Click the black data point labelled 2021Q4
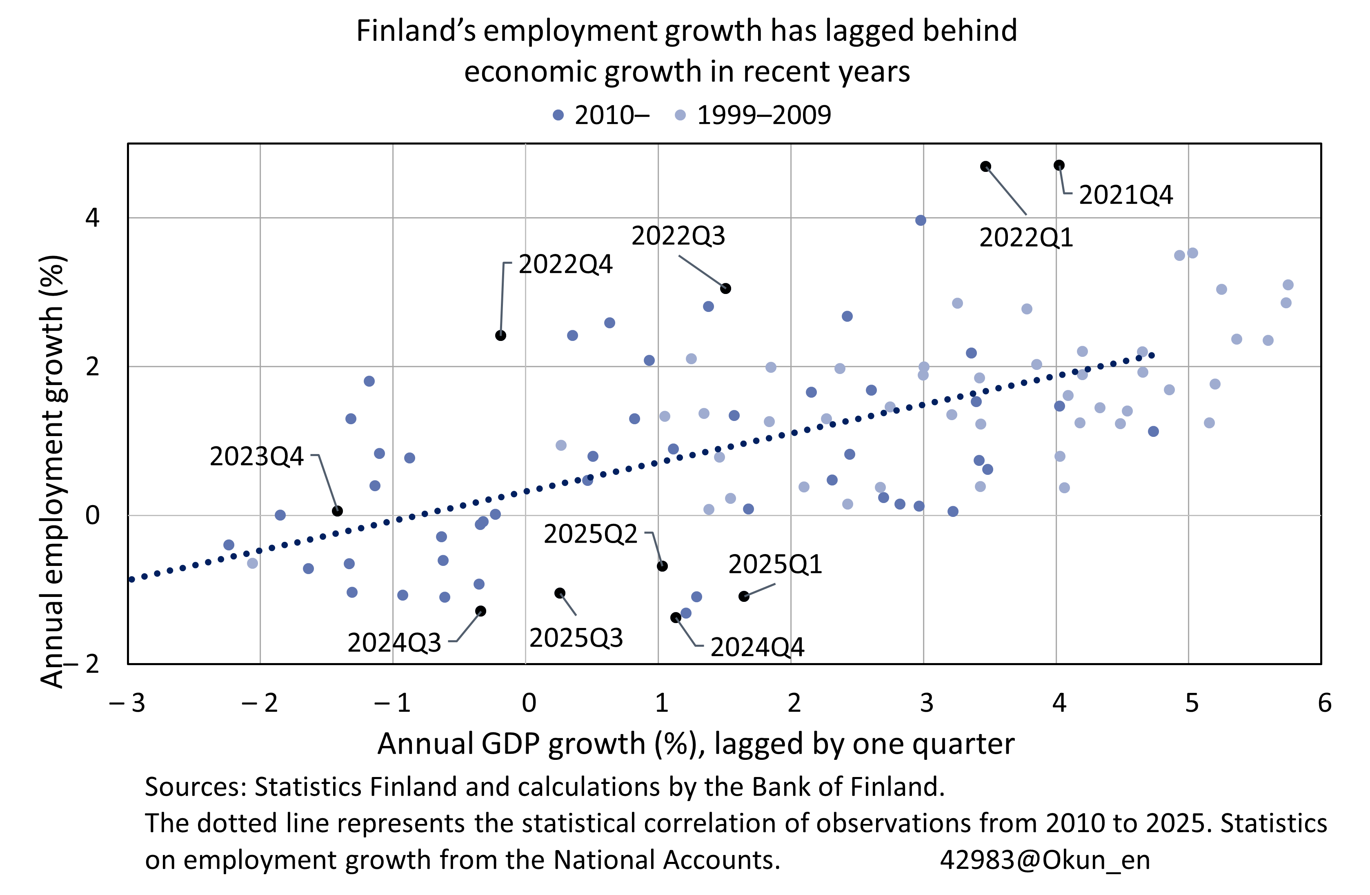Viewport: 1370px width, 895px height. click(x=1059, y=165)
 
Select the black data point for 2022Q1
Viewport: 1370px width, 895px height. click(x=985, y=166)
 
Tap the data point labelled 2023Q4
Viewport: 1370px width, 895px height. click(x=338, y=511)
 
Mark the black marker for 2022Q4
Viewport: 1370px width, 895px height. click(x=501, y=336)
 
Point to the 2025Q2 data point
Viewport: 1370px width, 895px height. click(x=662, y=566)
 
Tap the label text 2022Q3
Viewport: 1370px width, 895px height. click(x=678, y=236)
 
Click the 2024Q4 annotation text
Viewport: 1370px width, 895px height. click(x=757, y=648)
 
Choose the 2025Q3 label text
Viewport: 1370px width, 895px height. click(x=576, y=638)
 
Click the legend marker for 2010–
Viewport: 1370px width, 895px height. click(x=558, y=115)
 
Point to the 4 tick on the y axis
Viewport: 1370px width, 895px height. click(x=92, y=218)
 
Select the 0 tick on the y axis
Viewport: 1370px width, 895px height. click(x=92, y=515)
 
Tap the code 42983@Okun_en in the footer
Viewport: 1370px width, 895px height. click(x=1045, y=860)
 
